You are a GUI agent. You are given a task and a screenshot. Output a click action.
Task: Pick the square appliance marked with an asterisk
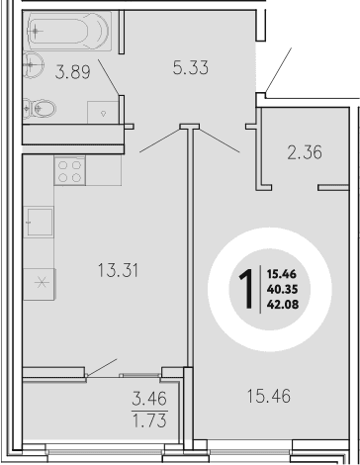tap(42, 281)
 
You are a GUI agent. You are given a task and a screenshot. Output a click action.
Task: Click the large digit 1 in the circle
tap(241, 290)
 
